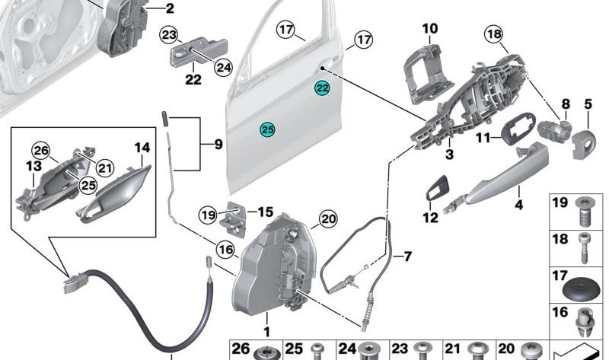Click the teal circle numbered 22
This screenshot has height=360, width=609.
pyautogui.click(x=323, y=89)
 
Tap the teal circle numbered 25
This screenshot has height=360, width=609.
pyautogui.click(x=267, y=129)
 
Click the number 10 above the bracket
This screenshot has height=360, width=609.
pyautogui.click(x=430, y=30)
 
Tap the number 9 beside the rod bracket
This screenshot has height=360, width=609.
pyautogui.click(x=218, y=142)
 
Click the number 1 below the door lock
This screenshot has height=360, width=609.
pyautogui.click(x=266, y=332)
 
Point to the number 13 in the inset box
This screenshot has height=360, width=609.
pyautogui.click(x=33, y=166)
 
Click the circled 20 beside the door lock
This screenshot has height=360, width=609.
pyautogui.click(x=327, y=219)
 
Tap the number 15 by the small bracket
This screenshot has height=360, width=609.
pyautogui.click(x=264, y=212)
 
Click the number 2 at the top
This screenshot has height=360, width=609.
pyautogui.click(x=169, y=9)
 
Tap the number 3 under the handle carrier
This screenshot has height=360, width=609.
pyautogui.click(x=449, y=155)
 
